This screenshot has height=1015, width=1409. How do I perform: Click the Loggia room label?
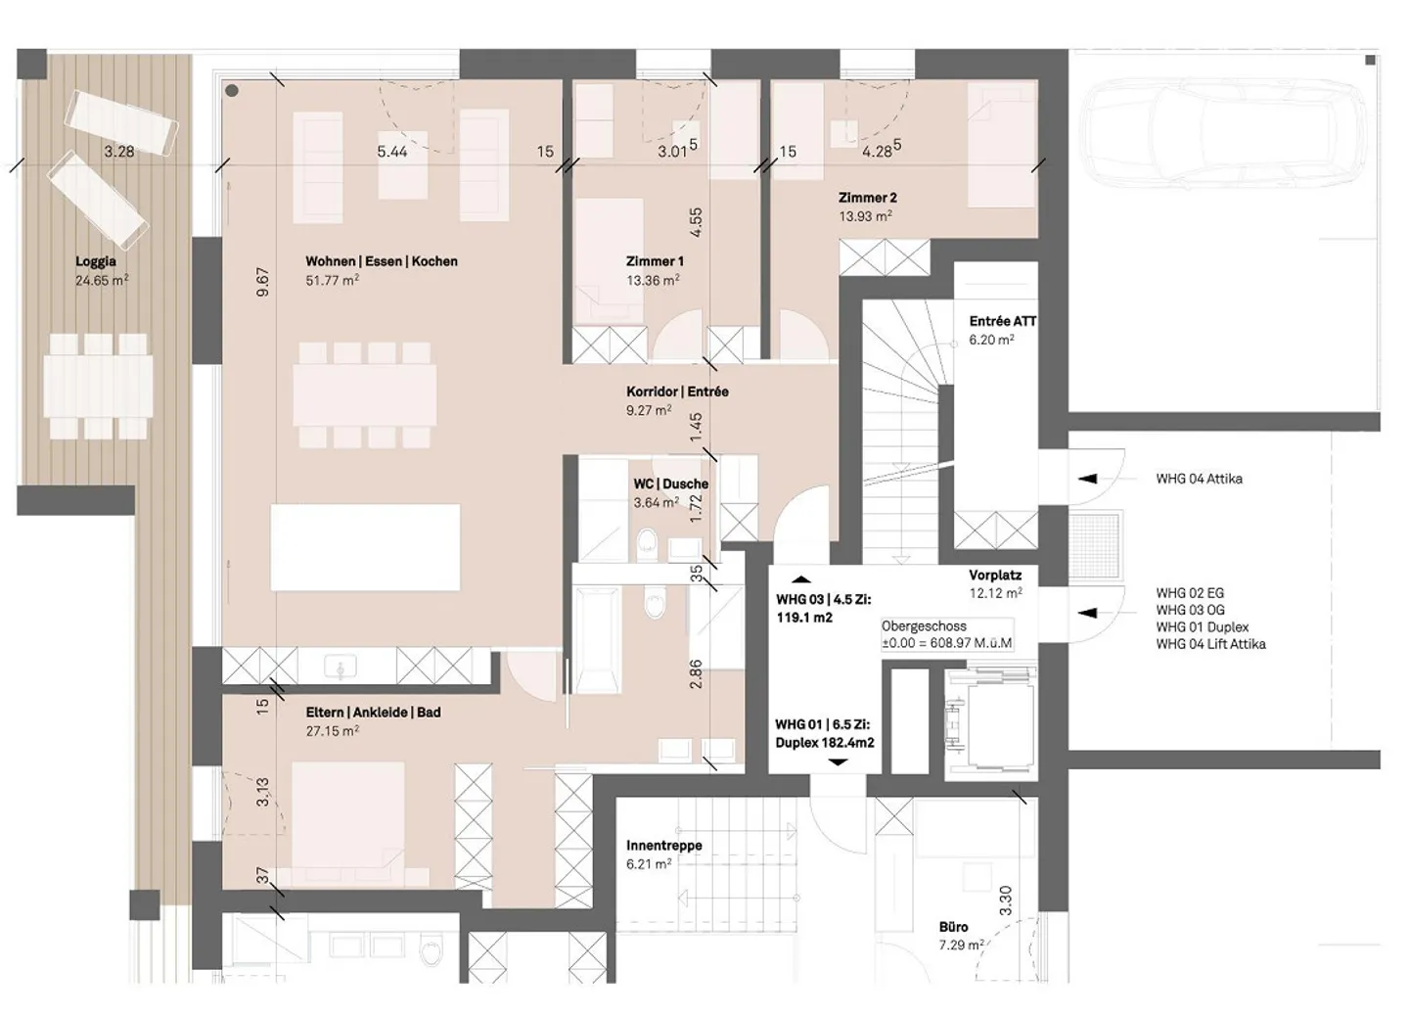coord(96,261)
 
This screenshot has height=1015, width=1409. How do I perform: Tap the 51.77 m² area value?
coord(332,280)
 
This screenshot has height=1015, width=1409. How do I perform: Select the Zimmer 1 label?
coord(655,261)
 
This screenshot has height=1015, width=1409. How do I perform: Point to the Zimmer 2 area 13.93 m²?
coord(865,216)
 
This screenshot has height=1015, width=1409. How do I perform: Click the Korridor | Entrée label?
coord(677,392)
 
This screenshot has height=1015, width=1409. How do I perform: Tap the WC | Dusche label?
coord(670,484)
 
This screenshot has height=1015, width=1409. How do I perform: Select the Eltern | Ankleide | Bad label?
coord(373,713)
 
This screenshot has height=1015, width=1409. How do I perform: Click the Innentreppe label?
coord(663,846)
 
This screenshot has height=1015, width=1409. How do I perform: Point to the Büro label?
coord(953,927)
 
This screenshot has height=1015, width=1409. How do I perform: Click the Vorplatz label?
coord(995,576)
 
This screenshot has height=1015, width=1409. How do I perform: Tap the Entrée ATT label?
coord(1003,322)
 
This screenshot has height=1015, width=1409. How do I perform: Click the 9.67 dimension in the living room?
coord(263,282)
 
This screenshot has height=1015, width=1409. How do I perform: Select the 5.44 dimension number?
coord(391,152)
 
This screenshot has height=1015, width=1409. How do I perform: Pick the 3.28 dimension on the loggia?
coord(119,152)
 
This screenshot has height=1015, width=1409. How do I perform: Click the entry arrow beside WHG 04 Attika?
coord(1088,479)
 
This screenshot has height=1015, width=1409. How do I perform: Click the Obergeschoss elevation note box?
coord(947,634)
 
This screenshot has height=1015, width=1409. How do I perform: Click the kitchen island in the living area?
coord(365,547)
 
